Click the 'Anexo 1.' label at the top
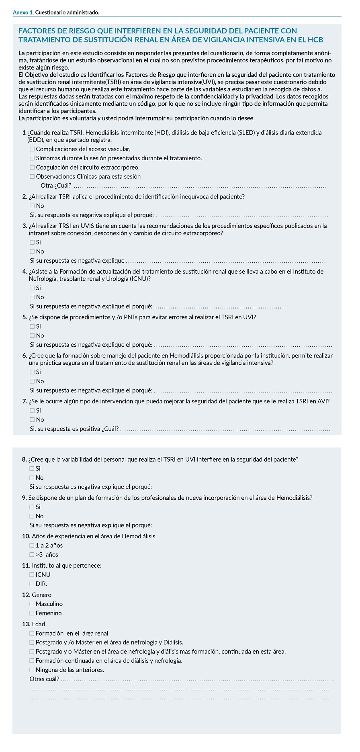pos(23,12)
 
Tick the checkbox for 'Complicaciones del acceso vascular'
pos(32,149)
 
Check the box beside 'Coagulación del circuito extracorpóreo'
pos(32,168)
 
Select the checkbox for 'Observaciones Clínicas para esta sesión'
pos(32,177)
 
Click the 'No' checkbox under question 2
pos(32,206)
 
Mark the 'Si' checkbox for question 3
pos(32,243)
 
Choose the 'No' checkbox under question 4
pos(32,297)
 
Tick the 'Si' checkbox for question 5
pos(32,327)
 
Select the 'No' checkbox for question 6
pos(32,381)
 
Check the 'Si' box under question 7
pos(32,411)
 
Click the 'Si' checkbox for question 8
pos(32,469)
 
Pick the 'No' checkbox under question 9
pos(32,516)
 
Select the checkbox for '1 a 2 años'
pos(32,546)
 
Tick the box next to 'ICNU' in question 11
pos(32,575)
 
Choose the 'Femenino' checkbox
pos(32,613)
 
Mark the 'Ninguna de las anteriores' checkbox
pos(32,670)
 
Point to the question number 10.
pos(26,536)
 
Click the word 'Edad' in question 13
pos(39,624)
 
